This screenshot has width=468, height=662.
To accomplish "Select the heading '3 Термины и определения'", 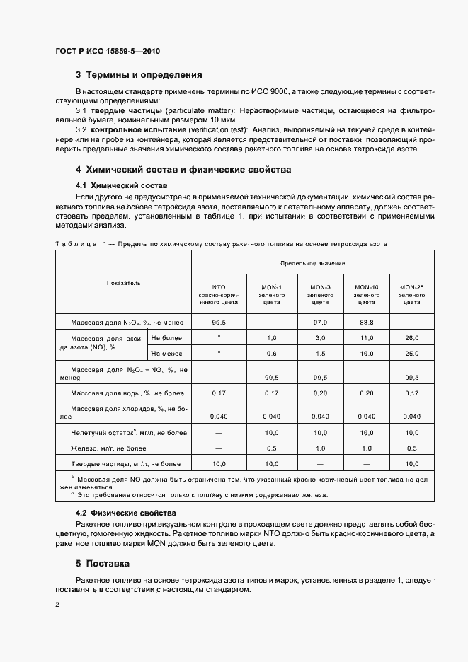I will coord(139,74).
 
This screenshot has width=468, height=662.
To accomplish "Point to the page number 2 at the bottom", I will coord(57,605).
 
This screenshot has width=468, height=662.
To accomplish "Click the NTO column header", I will coord(219,294).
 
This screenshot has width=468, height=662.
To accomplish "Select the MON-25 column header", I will coord(411,294).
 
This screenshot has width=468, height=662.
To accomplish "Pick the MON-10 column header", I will coord(366,294).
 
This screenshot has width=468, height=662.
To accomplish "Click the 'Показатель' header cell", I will coord(123,283).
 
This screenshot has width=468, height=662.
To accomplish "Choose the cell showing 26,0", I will coord(411,338).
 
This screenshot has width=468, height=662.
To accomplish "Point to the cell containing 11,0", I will coord(366,338).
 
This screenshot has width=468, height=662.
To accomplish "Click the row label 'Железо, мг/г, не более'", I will coord(108,448).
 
